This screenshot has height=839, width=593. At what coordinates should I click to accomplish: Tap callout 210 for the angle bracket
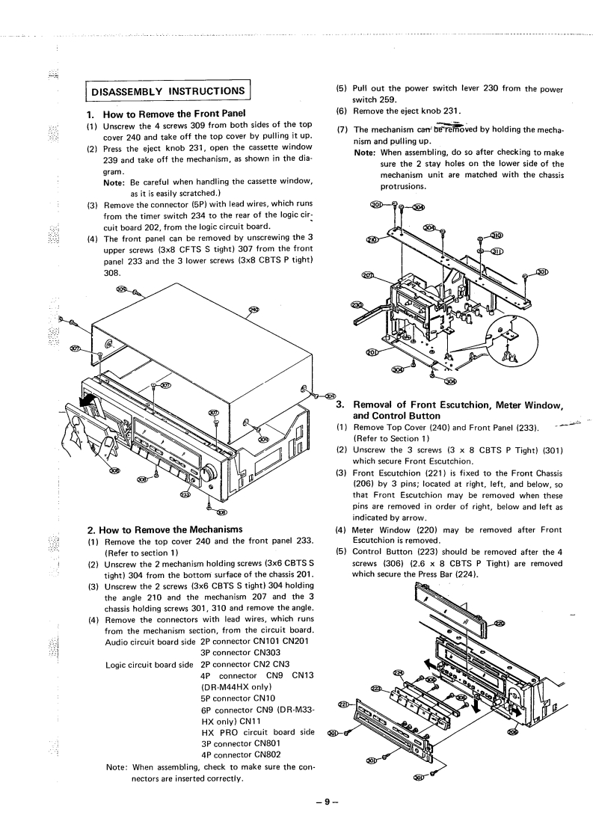372,240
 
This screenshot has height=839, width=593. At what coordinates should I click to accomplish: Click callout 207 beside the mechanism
367,275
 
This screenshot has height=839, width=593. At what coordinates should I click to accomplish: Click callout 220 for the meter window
500,624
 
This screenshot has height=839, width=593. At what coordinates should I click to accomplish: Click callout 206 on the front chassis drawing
511,731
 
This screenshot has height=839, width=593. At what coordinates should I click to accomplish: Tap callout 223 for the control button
376,687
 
